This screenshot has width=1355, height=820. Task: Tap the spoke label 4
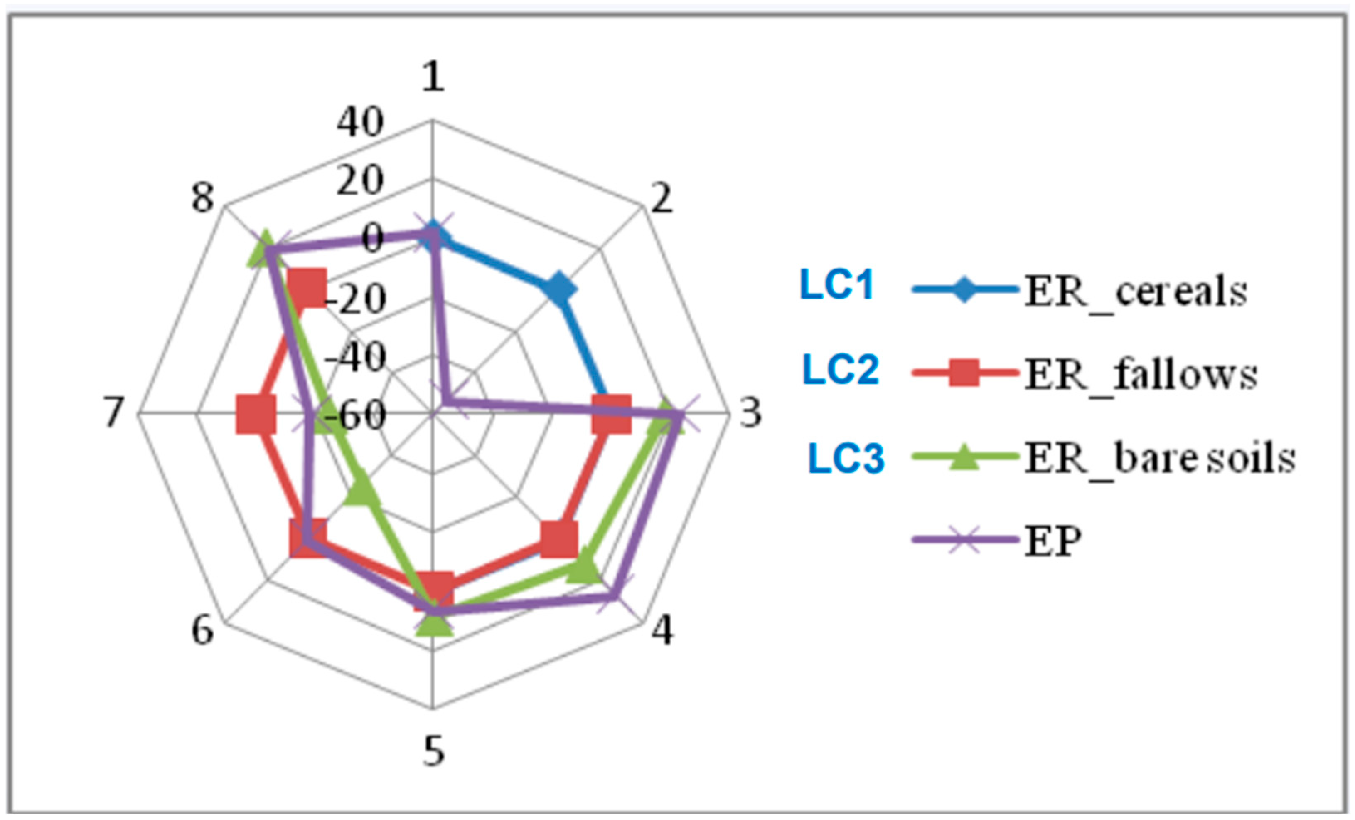point(662,630)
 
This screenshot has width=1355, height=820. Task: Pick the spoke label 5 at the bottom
point(433,752)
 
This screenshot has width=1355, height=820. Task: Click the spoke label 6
point(202,630)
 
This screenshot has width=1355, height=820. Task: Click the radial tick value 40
point(360,122)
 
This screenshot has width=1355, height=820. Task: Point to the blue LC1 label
point(837,285)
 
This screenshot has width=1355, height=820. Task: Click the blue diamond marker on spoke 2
point(559,289)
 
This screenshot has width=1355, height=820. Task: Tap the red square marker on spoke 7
point(256,414)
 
